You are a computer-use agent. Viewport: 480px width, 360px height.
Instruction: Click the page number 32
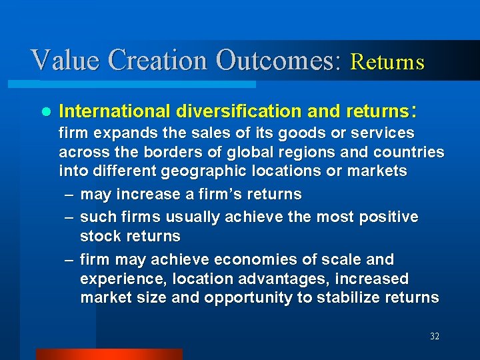coord(435,337)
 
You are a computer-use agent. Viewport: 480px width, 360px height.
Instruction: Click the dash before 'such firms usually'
coord(68,217)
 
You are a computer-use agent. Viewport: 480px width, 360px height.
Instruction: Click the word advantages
coord(237,279)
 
